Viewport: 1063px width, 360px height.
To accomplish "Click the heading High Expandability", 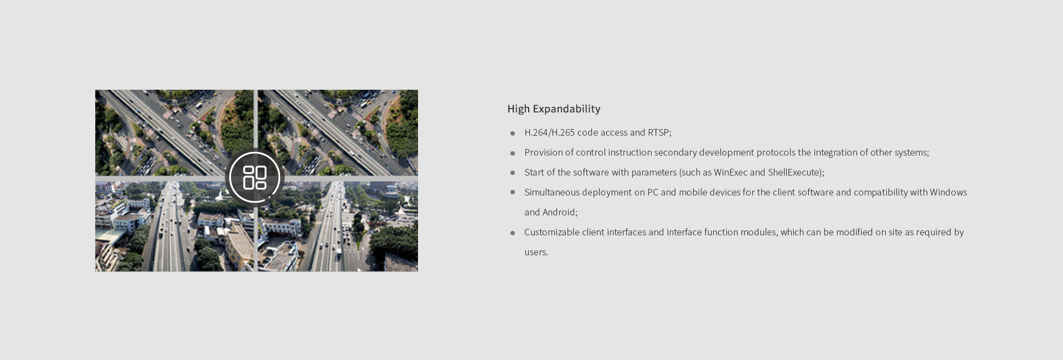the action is [x=554, y=109].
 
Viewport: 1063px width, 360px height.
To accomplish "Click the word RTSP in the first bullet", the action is [x=658, y=132].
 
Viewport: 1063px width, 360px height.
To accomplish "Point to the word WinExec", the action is [x=730, y=172].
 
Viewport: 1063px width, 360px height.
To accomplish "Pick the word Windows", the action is [x=948, y=192].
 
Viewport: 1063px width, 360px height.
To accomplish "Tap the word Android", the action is [x=559, y=212].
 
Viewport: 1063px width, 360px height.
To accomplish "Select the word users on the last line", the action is [x=535, y=253].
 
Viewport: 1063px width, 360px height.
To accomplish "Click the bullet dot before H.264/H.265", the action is [x=513, y=133].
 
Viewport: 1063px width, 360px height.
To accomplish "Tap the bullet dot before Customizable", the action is [x=513, y=233].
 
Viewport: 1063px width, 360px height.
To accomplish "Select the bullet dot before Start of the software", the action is [x=513, y=173].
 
